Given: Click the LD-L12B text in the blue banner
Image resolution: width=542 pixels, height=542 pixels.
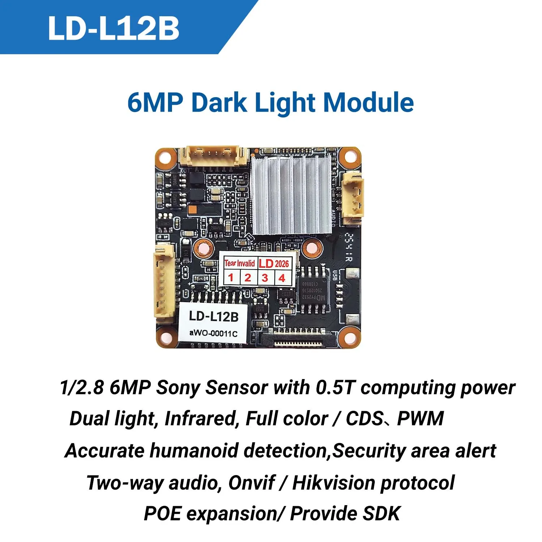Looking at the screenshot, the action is tap(113, 28).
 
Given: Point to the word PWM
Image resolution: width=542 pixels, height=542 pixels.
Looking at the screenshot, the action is tap(420, 419).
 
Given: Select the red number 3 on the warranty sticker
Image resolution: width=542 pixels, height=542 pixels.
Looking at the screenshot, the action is tap(265, 278).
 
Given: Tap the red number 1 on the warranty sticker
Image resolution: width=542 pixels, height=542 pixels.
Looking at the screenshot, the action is tap(231, 278).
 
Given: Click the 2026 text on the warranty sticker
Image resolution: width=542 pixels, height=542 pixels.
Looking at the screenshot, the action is tap(282, 263).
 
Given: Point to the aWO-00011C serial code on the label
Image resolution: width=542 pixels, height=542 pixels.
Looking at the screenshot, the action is tap(214, 333).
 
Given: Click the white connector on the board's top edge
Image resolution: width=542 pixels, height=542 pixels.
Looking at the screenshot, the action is tap(214, 156).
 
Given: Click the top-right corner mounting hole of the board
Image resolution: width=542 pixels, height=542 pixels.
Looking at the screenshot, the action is tap(349, 157).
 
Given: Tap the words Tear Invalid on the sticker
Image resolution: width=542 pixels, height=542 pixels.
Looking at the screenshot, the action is tap(240, 263).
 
